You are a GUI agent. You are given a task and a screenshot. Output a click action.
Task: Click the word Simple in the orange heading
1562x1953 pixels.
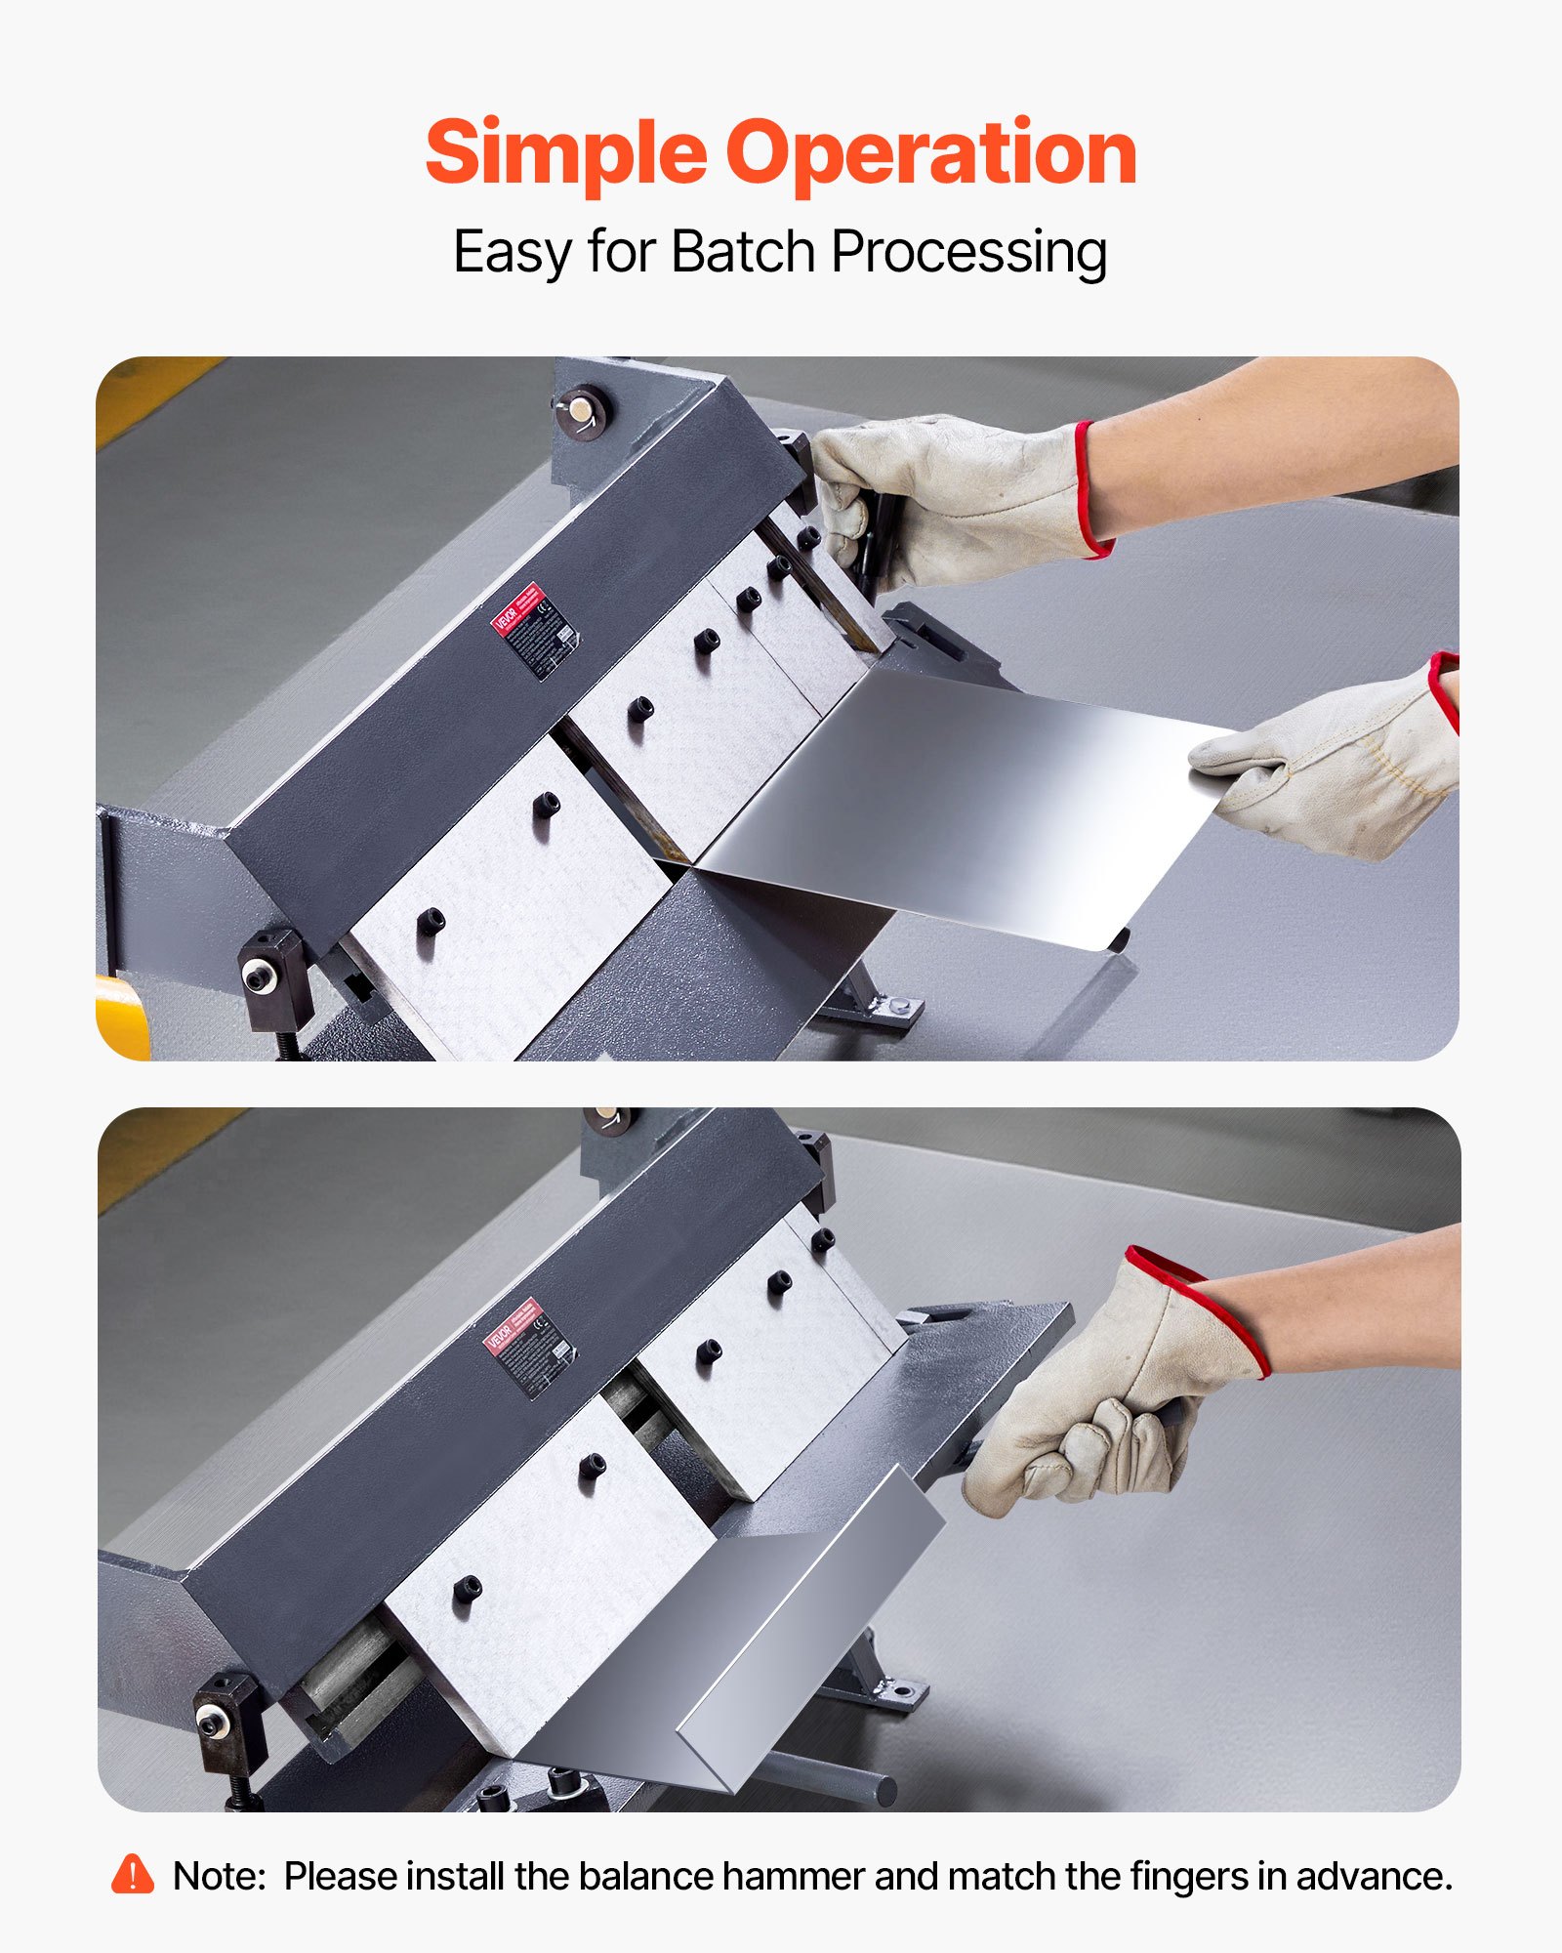click(x=565, y=153)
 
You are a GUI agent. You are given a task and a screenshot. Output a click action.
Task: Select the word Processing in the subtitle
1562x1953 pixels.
click(x=968, y=252)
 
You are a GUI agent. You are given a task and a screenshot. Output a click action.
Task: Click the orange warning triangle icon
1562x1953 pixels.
click(x=133, y=1876)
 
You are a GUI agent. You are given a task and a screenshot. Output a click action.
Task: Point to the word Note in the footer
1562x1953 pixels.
click(x=218, y=1877)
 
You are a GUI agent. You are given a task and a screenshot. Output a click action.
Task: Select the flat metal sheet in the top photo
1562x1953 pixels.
click(x=966, y=801)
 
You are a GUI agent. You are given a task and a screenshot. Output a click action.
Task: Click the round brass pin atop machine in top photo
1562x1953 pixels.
click(x=582, y=409)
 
